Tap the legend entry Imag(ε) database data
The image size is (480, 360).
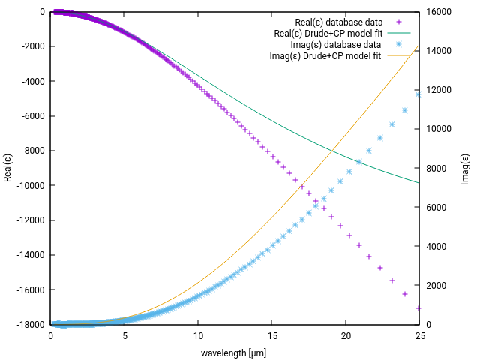pos(329,44)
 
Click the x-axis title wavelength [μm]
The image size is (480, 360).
pos(234,352)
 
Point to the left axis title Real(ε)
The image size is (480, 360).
pos(7,168)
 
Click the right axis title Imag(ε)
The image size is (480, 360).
pos(466,168)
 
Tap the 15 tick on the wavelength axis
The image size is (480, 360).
pos(272,335)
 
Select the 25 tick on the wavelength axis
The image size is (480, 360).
pos(420,335)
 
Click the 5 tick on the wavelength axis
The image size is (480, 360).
pos(124,335)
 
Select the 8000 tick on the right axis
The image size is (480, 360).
pos(435,169)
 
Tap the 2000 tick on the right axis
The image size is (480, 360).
pos(435,286)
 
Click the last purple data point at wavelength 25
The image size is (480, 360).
pos(418,307)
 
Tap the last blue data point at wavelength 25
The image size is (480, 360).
pos(418,94)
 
